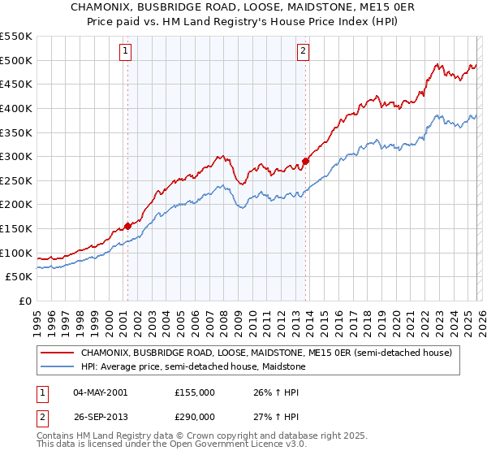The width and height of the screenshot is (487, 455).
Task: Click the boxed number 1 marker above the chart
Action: pyautogui.click(x=127, y=51)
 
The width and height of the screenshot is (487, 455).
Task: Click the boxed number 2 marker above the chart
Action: pyautogui.click(x=303, y=51)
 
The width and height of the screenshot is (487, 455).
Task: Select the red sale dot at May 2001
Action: pyautogui.click(x=127, y=226)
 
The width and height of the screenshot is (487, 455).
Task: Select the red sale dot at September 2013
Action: pyautogui.click(x=305, y=161)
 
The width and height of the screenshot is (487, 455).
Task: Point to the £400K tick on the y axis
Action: pyautogui.click(x=16, y=108)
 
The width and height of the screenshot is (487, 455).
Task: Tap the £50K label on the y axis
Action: pyautogui.click(x=19, y=277)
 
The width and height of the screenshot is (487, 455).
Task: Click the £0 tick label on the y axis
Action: pyautogui.click(x=25, y=301)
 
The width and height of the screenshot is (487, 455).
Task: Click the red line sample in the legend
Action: pyautogui.click(x=58, y=353)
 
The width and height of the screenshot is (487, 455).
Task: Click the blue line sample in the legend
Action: pyautogui.click(x=58, y=366)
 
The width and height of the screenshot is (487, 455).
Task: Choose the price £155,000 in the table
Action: pyautogui.click(x=193, y=392)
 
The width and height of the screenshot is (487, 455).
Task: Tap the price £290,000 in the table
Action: pyautogui.click(x=193, y=415)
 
